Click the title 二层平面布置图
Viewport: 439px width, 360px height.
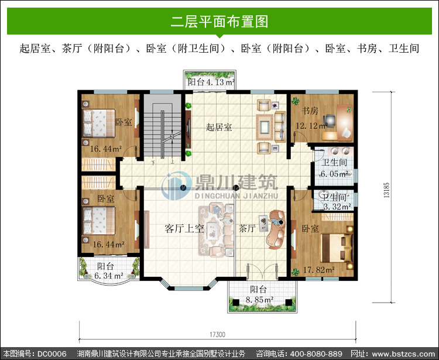220,22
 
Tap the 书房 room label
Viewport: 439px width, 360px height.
310,111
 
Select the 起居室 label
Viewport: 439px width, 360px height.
219,127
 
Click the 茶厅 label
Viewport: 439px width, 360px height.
247,228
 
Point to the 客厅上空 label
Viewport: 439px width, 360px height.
184,228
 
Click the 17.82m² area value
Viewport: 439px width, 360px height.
319,270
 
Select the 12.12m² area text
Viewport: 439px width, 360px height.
311,126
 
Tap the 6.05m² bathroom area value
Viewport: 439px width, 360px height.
334,174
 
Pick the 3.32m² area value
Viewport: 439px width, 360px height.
337,207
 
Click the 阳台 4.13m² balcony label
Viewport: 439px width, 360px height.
211,82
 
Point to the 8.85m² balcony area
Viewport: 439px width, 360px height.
259,300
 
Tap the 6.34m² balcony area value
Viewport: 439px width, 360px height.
109,276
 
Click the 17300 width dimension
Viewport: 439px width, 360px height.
217,334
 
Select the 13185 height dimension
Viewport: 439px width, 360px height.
386,190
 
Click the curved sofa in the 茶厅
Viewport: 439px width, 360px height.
276,229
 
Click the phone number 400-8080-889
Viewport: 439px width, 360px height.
316,354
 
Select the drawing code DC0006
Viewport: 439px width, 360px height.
52,354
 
